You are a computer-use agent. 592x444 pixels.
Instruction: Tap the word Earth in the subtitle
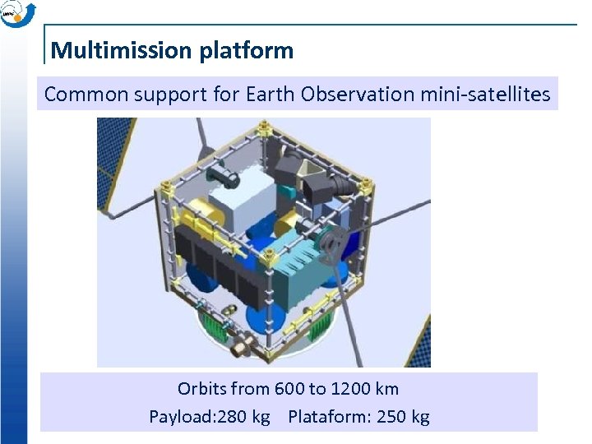coord(271,95)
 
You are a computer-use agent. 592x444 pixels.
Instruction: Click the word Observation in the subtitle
coord(358,95)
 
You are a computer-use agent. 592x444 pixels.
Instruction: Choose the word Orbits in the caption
coord(201,388)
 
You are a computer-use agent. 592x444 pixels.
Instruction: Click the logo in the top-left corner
coord(18,14)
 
